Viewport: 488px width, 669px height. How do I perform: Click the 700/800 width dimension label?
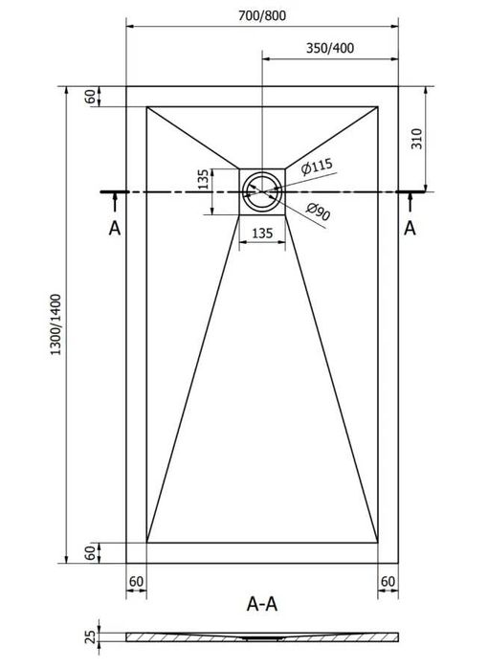[x=262, y=15]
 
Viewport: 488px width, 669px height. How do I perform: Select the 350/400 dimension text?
[x=330, y=48]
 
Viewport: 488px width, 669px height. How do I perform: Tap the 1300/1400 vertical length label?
[x=56, y=324]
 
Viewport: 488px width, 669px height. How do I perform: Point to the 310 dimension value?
[x=416, y=138]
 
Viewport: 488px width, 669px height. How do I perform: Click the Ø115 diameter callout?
[x=316, y=167]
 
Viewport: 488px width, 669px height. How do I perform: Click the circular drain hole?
[x=262, y=191]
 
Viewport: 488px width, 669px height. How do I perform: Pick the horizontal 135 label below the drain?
[x=262, y=233]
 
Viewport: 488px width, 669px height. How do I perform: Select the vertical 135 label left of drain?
[x=205, y=179]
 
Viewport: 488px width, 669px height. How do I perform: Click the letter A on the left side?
[x=115, y=228]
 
